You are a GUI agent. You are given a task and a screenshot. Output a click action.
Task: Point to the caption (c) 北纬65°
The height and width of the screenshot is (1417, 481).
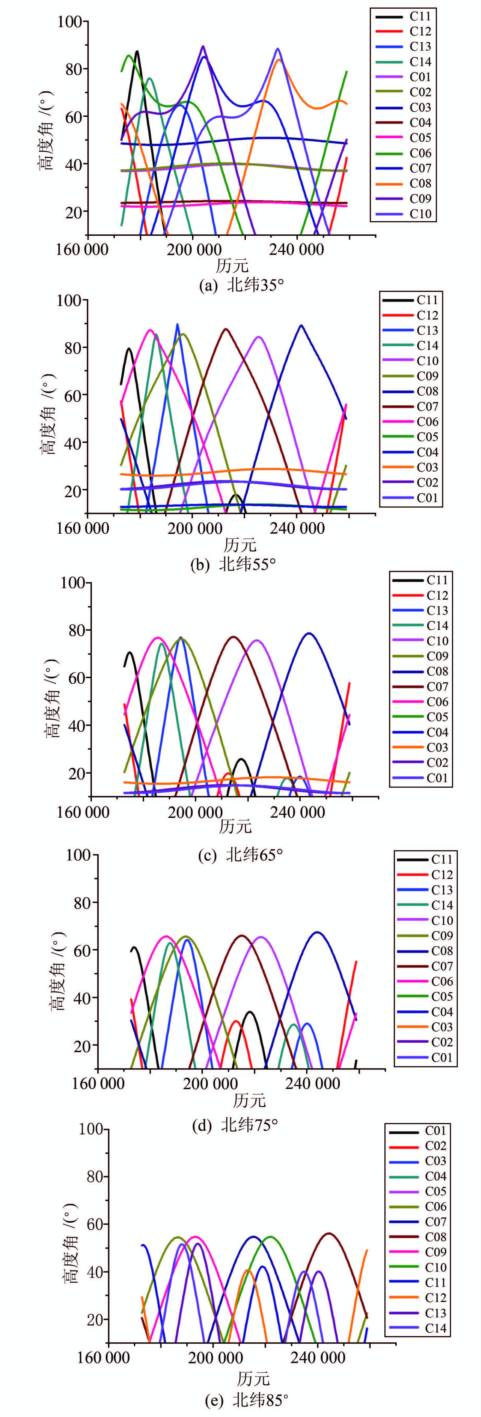click(241, 854)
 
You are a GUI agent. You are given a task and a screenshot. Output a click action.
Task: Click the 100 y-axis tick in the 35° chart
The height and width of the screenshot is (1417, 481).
click(69, 22)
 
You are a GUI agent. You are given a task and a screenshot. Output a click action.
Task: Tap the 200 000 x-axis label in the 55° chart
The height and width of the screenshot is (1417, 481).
click(195, 529)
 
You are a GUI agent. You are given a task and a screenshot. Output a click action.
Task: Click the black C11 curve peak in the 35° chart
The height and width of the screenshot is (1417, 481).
click(136, 51)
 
